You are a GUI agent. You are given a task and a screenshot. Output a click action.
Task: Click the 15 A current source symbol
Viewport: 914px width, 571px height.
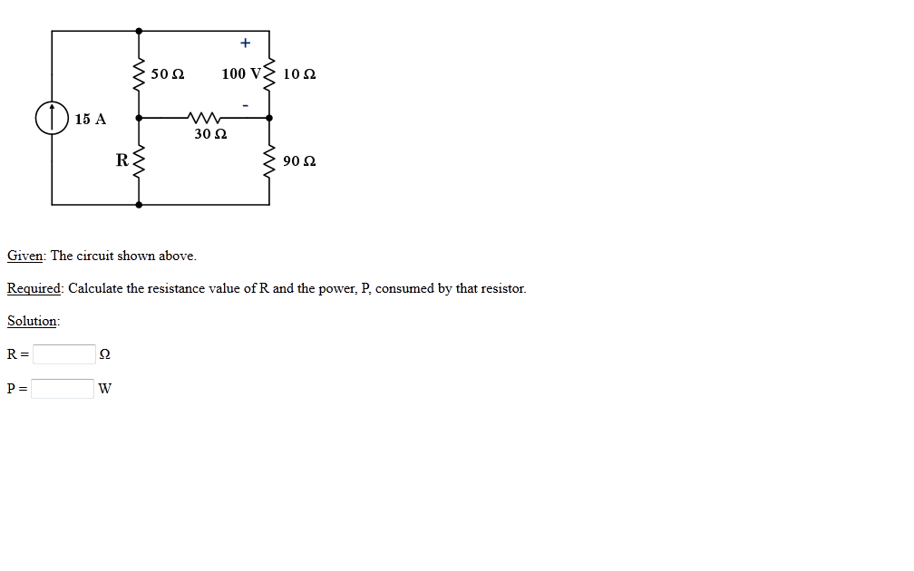click(52, 119)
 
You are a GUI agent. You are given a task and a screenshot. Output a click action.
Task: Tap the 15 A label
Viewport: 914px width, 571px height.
click(91, 119)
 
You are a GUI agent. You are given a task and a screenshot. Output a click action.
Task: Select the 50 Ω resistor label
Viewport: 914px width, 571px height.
click(167, 73)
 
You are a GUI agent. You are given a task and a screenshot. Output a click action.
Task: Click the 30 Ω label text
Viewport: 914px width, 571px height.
click(210, 134)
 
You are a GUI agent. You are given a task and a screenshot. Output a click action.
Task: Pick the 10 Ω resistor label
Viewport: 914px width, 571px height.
click(299, 73)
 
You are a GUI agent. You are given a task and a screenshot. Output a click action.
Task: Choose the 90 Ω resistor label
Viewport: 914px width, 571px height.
click(299, 161)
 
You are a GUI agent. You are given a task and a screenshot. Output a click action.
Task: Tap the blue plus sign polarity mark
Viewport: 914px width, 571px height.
click(244, 43)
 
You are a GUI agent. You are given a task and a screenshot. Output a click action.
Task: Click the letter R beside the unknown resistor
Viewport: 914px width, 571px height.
click(122, 161)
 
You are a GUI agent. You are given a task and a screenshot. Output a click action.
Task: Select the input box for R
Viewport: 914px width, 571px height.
click(63, 354)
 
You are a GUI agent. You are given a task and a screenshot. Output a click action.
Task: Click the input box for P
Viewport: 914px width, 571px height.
click(63, 389)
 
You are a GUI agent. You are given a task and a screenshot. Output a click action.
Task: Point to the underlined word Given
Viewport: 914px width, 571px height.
click(24, 256)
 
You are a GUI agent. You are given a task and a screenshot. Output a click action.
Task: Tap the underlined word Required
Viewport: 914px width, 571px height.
click(34, 288)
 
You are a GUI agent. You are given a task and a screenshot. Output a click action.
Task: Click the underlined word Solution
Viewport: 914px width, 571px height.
click(33, 321)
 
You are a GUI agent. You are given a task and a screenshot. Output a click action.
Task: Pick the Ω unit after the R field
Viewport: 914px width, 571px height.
click(106, 354)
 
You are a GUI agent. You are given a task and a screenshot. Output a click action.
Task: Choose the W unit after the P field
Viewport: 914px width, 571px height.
click(105, 389)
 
